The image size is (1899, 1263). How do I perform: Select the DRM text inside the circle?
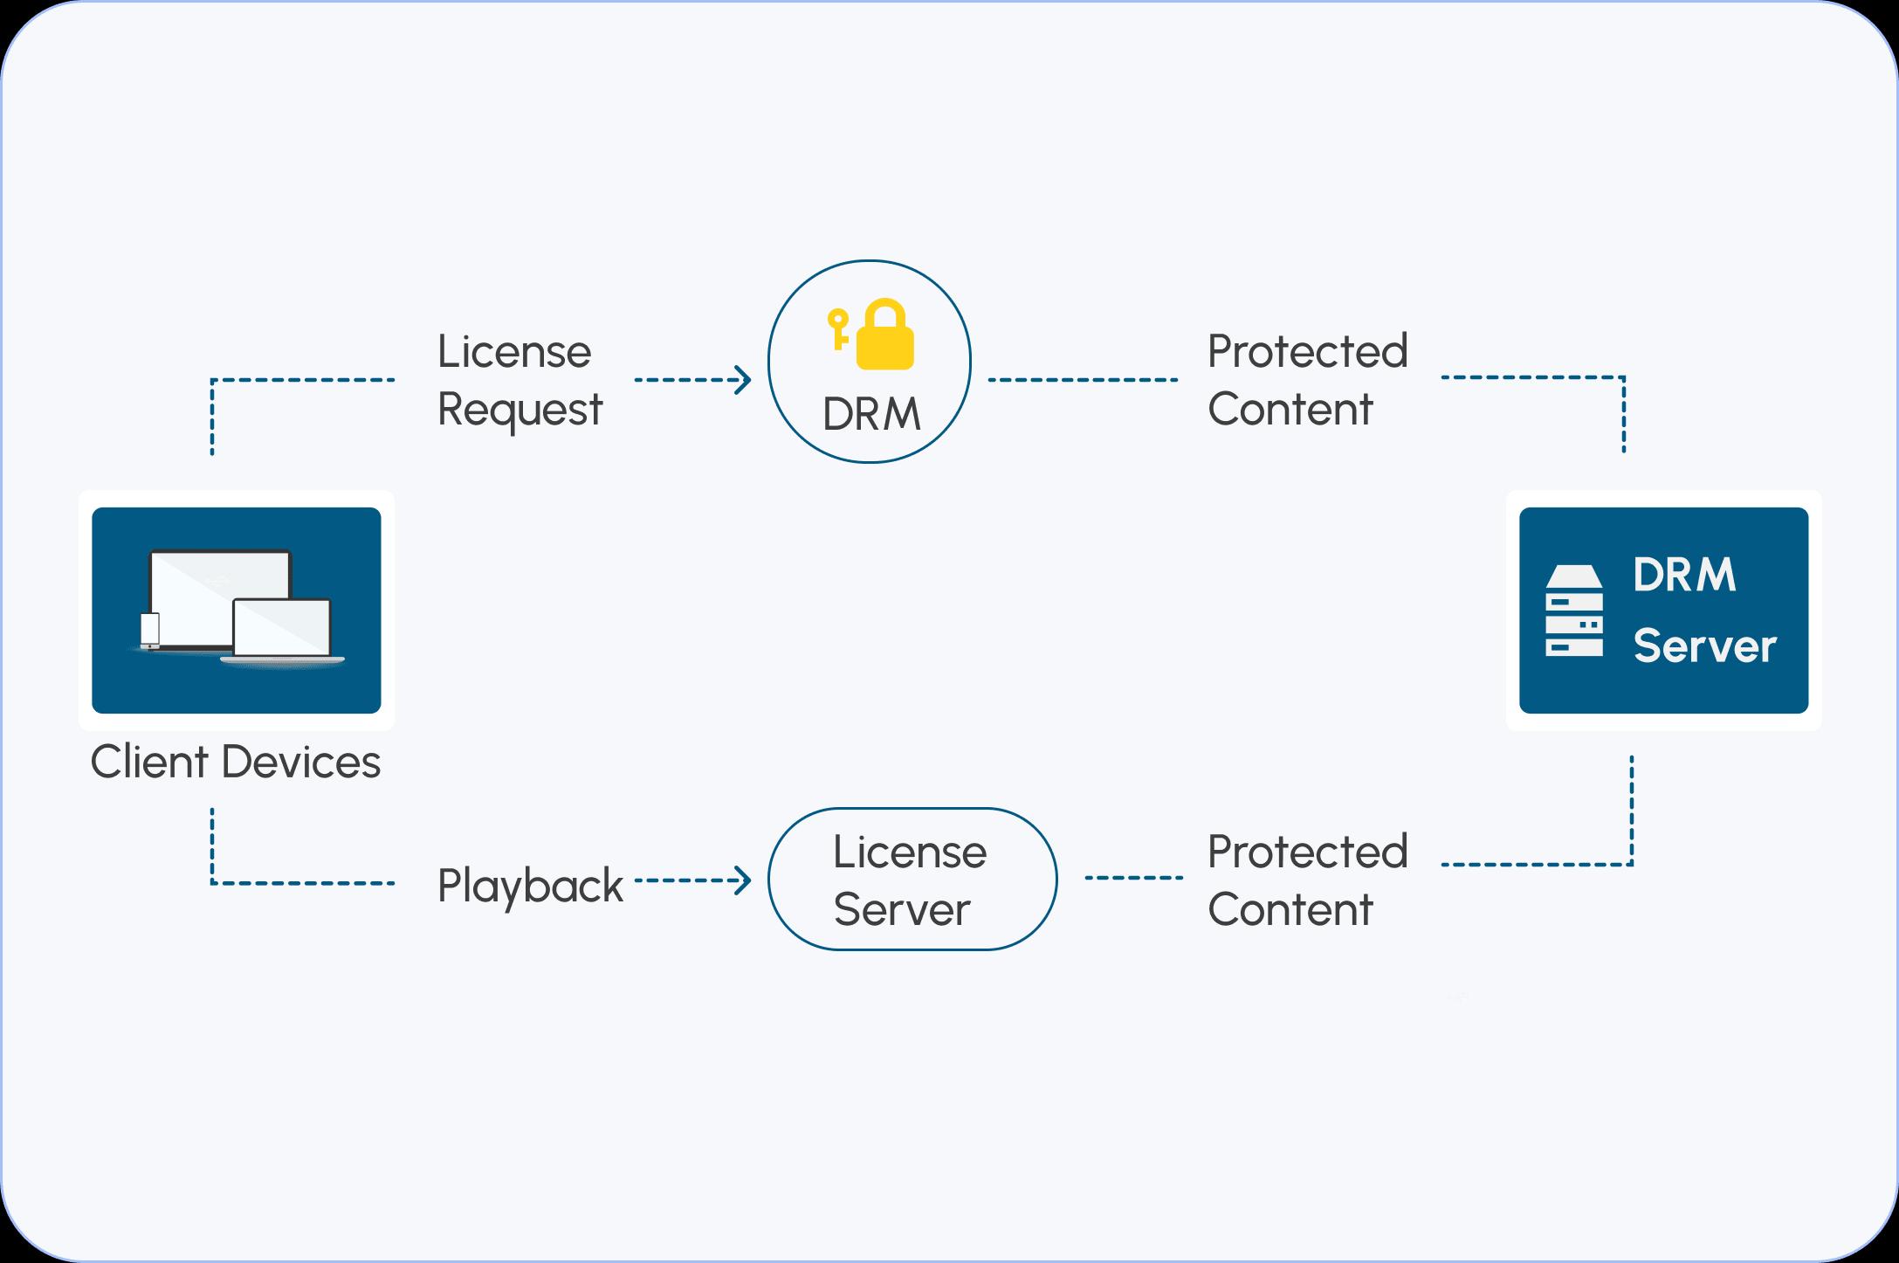point(871,414)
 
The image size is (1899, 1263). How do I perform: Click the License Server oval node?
point(912,879)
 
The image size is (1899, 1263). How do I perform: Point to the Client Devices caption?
point(235,762)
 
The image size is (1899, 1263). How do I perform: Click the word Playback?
point(530,886)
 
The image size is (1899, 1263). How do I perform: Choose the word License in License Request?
point(514,352)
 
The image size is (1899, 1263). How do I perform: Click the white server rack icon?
point(1574,611)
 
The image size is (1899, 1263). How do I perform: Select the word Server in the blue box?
point(1704,646)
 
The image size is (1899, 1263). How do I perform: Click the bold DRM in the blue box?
point(1684,575)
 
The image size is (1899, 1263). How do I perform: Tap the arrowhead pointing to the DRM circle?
point(744,380)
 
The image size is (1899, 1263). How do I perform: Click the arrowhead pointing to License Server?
point(744,880)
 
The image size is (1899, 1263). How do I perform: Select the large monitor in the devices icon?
point(220,585)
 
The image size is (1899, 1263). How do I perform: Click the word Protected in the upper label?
point(1307,351)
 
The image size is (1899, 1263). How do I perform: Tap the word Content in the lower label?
point(1290,909)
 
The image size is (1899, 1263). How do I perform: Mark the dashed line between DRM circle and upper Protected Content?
point(1083,380)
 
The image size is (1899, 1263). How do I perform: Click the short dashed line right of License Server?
point(1133,878)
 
